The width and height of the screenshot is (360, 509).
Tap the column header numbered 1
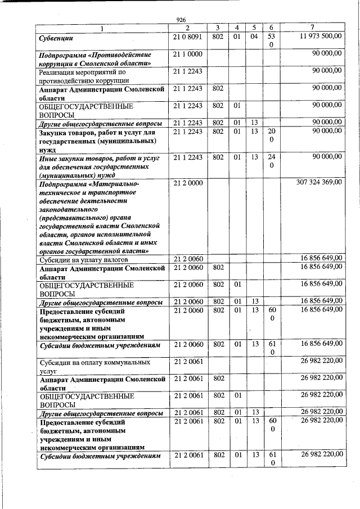click(x=102, y=28)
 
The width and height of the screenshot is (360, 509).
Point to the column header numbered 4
click(x=237, y=28)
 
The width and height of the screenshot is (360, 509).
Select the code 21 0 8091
click(x=187, y=37)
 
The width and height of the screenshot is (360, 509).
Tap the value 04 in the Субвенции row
click(x=254, y=37)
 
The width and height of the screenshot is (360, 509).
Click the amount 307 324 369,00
click(x=318, y=182)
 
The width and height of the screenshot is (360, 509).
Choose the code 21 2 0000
click(x=187, y=182)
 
